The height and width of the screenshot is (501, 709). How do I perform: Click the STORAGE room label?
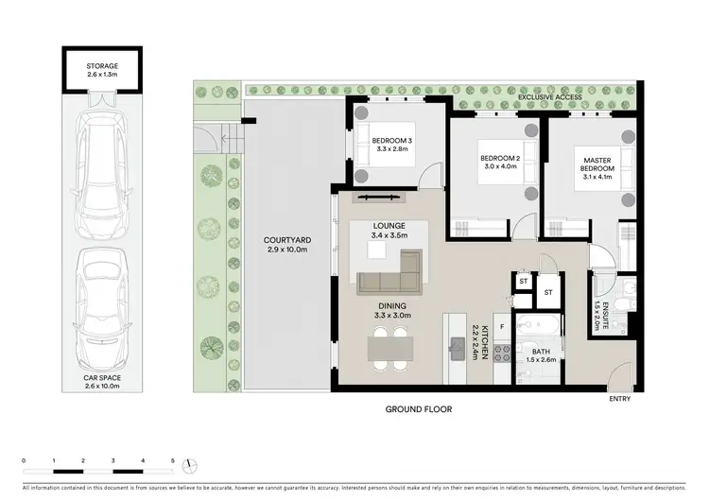[103, 66]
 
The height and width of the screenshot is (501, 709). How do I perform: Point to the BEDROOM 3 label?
[392, 141]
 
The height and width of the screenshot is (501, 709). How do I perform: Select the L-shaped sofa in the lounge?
[389, 277]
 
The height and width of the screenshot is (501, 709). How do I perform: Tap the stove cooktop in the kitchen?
[504, 354]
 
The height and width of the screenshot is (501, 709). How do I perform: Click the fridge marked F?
[501, 326]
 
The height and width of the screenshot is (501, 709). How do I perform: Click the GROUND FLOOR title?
[417, 410]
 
